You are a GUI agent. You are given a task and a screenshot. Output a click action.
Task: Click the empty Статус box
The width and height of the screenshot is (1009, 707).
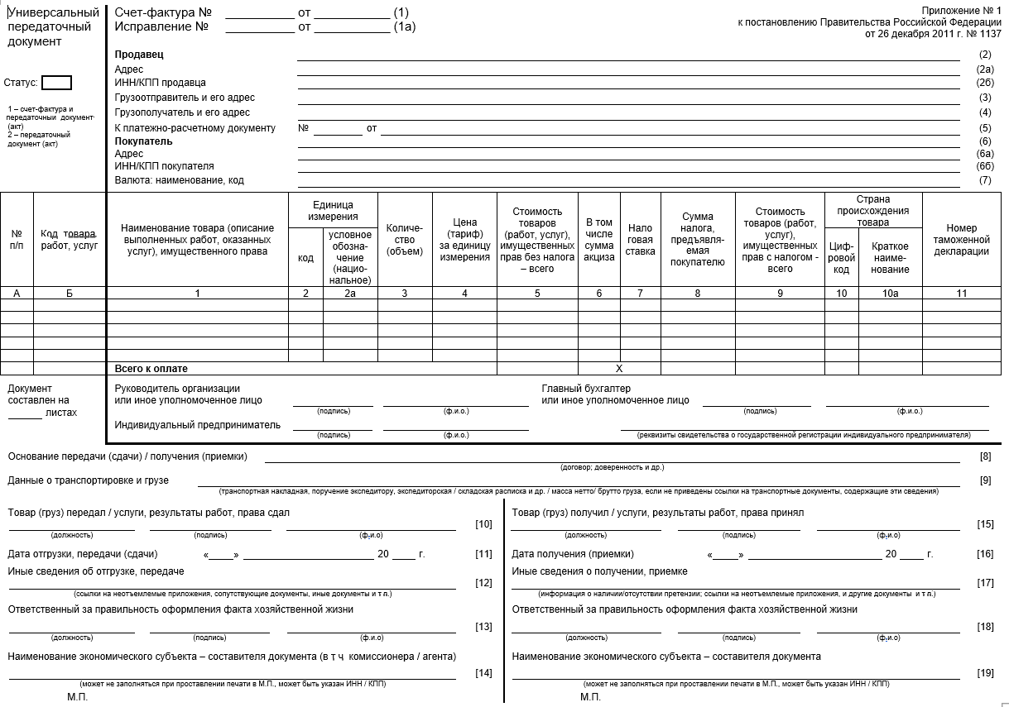(x=56, y=83)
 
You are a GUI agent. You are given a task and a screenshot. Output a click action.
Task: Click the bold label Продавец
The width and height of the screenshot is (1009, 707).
(x=139, y=55)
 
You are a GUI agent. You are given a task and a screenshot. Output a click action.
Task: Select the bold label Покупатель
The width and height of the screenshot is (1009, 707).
(x=143, y=141)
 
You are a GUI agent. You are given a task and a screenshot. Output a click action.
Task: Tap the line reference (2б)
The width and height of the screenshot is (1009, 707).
(x=984, y=83)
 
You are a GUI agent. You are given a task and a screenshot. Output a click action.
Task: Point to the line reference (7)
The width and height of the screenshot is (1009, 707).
(x=985, y=180)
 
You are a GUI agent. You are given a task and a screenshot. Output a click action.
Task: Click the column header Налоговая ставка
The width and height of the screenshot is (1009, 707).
(x=640, y=240)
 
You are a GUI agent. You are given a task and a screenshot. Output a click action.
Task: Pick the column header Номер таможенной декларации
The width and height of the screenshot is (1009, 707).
(x=961, y=240)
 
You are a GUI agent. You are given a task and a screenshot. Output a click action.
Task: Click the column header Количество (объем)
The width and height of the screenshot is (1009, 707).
(x=405, y=240)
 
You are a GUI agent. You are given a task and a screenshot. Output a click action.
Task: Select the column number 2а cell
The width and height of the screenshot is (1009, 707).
(x=351, y=293)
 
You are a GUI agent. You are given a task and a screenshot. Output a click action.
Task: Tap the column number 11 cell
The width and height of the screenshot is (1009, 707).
(x=961, y=293)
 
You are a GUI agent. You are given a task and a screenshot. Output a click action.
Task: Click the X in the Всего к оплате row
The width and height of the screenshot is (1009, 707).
(x=619, y=369)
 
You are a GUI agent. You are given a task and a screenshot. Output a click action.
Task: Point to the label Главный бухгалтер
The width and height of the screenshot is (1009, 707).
(x=586, y=389)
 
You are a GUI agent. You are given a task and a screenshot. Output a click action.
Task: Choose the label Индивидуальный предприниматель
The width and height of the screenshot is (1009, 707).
(x=197, y=425)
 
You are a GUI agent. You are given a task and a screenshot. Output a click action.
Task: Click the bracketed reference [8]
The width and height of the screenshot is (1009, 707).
(x=985, y=456)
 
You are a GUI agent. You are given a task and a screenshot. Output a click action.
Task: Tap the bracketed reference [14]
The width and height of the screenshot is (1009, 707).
(x=483, y=673)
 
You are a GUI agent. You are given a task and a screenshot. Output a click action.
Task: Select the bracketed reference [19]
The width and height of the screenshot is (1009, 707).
(x=985, y=673)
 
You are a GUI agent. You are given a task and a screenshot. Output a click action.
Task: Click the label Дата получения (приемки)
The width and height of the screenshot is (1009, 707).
(x=573, y=554)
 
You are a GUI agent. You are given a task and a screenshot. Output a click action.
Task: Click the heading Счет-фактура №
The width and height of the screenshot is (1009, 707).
(x=163, y=13)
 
